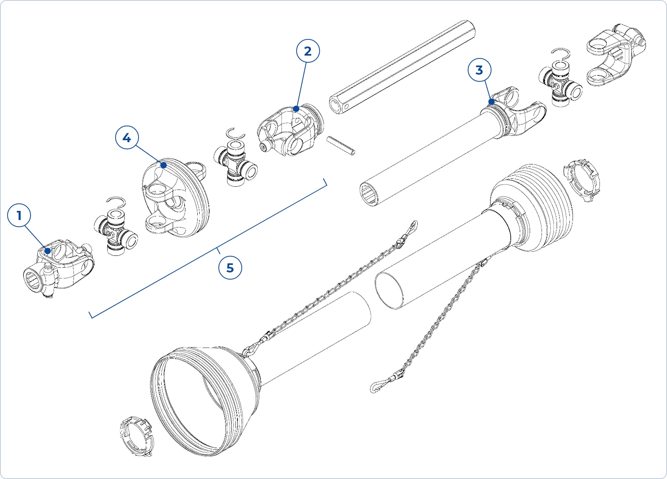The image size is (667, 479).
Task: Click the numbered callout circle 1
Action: pos(19,216)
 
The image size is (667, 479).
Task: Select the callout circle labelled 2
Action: pos(308,51)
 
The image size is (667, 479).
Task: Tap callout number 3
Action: pos(479,70)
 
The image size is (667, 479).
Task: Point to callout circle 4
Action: pos(127,138)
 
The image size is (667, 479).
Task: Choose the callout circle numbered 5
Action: pos(230,268)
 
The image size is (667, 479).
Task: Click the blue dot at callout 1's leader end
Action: pos(48,251)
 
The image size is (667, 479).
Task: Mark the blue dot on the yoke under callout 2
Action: pos(296,109)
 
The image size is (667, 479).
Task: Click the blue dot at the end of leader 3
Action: pos(492,101)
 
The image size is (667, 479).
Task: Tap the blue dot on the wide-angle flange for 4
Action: pos(163,165)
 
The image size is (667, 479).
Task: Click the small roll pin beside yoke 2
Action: pos(341,146)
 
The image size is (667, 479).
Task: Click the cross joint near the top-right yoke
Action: pos(560,84)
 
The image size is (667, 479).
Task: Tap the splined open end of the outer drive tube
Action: pos(370,194)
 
